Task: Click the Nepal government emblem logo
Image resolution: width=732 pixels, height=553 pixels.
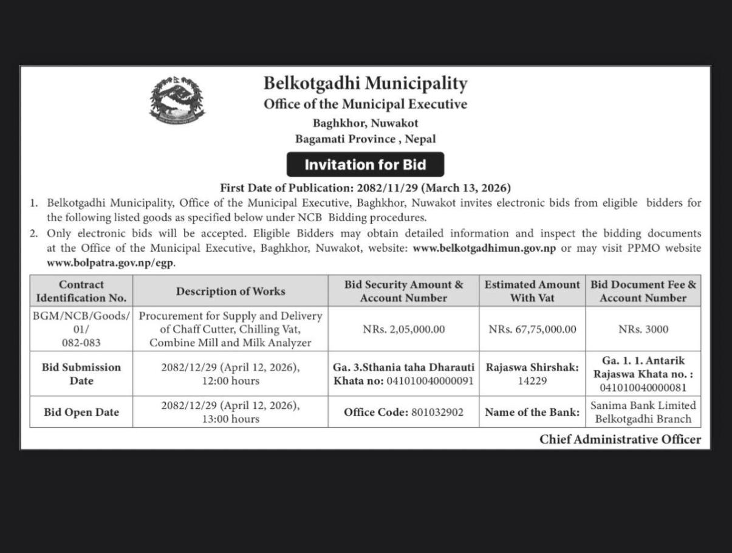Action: pos(177,100)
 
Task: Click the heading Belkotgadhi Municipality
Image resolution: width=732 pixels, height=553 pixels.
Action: pos(365,83)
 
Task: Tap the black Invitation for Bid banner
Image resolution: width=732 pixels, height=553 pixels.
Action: pos(365,165)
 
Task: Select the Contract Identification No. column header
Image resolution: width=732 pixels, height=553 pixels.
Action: pos(81,291)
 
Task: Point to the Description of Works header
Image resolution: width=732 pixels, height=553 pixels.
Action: pos(230,291)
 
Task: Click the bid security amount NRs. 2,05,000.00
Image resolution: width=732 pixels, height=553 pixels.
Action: pos(403,329)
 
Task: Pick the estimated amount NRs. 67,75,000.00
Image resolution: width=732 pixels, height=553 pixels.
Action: pos(532,329)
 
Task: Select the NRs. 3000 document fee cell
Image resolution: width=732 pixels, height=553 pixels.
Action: pos(643,329)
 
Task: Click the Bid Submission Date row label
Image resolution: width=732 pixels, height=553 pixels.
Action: pos(81,374)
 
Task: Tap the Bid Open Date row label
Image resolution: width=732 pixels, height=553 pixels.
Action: pos(81,412)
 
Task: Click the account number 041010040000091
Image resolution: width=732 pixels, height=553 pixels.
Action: pos(429,381)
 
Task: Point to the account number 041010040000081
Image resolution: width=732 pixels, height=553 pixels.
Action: pos(643,387)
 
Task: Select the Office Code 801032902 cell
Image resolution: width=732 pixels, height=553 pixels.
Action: pos(403,412)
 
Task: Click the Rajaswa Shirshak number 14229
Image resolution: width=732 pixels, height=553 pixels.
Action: pos(532,381)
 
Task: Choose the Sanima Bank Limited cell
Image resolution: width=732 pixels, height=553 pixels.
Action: pos(643,411)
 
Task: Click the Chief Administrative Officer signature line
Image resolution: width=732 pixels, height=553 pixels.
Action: pos(620,439)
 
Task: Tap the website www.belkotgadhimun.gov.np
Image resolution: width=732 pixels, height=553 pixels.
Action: pos(484,248)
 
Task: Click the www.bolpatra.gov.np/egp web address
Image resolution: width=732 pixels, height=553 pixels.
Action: pos(111,263)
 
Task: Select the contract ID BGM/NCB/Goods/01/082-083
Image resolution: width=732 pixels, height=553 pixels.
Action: pos(81,329)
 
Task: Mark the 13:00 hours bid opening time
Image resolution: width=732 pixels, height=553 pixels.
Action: pos(230,419)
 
